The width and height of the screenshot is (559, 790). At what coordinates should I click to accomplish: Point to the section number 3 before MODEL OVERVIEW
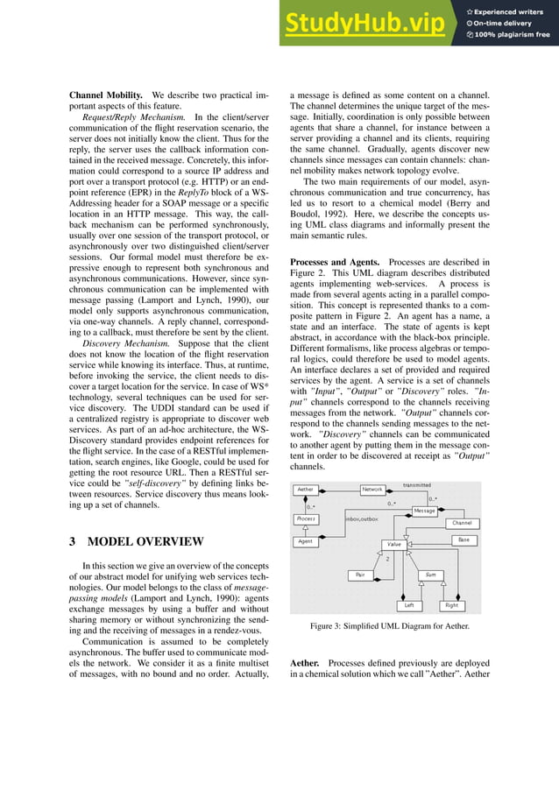click(74, 541)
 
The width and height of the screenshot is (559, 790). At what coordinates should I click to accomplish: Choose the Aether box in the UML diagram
click(306, 490)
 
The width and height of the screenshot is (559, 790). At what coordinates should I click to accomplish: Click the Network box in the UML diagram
click(372, 490)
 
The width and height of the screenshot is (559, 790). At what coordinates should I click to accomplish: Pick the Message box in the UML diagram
click(424, 511)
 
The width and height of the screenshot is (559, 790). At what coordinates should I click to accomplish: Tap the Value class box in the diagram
click(394, 544)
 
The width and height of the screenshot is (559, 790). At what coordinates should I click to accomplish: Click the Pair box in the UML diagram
click(359, 575)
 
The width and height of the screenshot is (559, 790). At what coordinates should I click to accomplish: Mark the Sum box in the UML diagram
click(429, 575)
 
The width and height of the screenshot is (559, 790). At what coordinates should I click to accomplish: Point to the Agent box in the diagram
click(306, 541)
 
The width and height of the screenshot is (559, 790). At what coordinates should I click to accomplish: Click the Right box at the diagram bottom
click(451, 605)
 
